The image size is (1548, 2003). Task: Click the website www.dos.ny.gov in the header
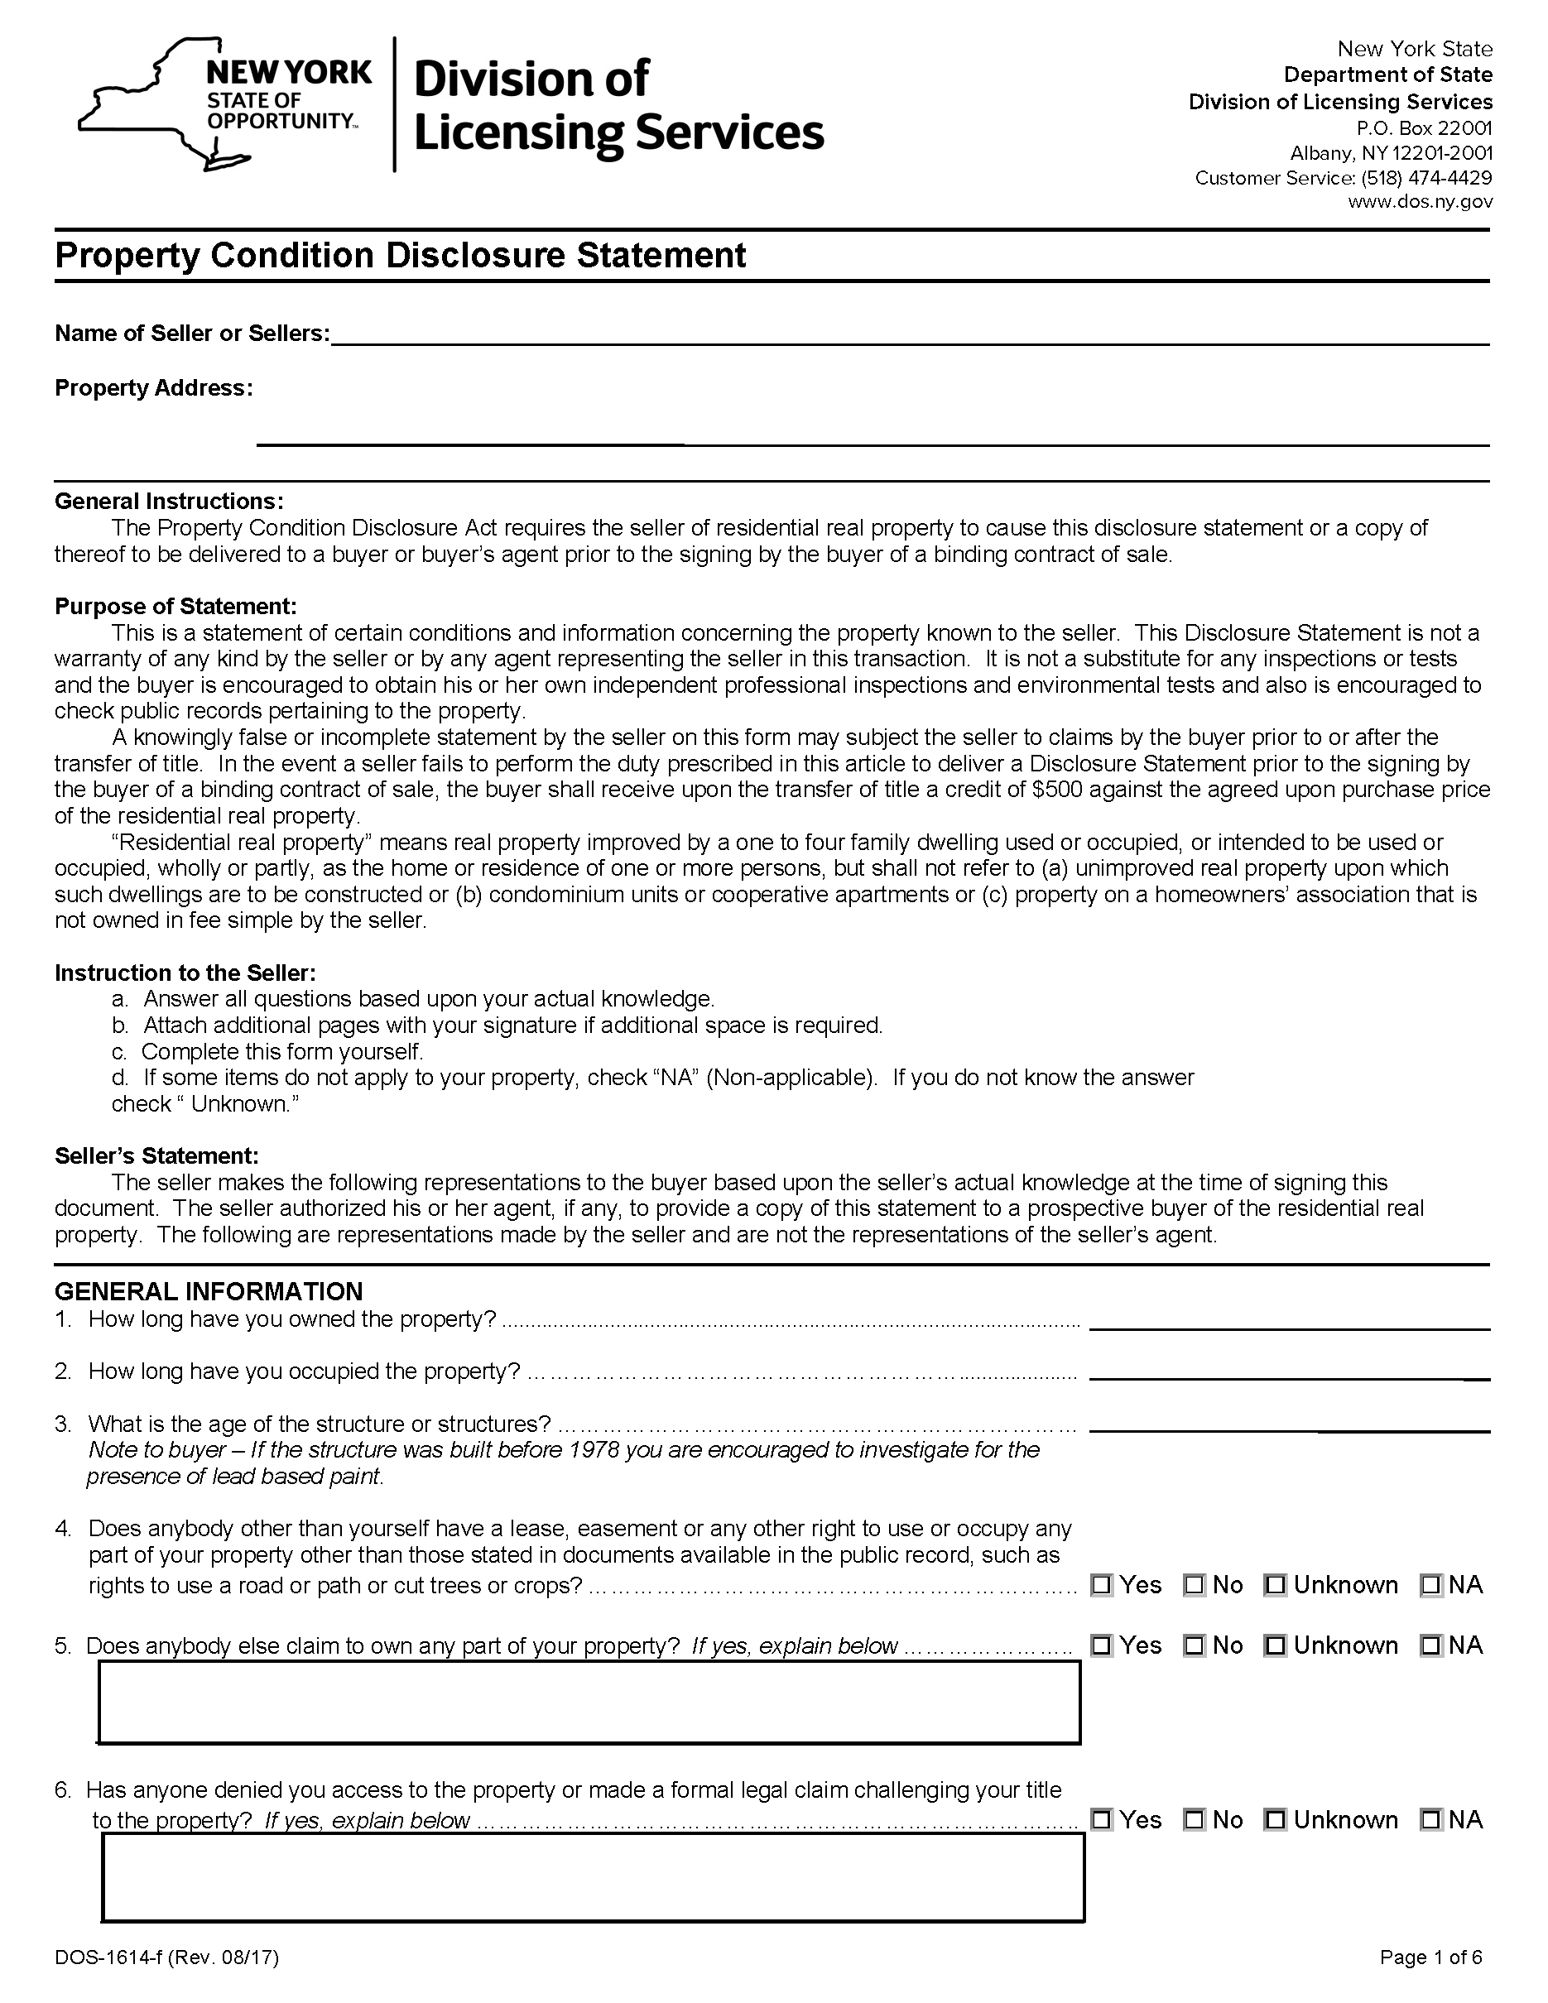[x=1420, y=202]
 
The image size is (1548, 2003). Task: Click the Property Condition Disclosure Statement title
[x=400, y=255]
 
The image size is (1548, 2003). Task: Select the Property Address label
[x=153, y=388]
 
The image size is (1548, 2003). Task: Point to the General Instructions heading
[x=169, y=502]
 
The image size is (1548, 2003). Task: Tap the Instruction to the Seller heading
[x=185, y=973]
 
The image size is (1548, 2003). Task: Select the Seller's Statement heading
[x=156, y=1155]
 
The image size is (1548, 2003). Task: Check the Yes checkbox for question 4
[x=1101, y=1585]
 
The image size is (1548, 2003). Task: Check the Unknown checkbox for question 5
[x=1275, y=1645]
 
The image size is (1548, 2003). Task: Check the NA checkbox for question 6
[x=1430, y=1819]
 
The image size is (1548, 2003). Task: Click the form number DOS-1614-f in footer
[x=108, y=1957]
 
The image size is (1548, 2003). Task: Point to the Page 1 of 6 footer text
[x=1430, y=1957]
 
